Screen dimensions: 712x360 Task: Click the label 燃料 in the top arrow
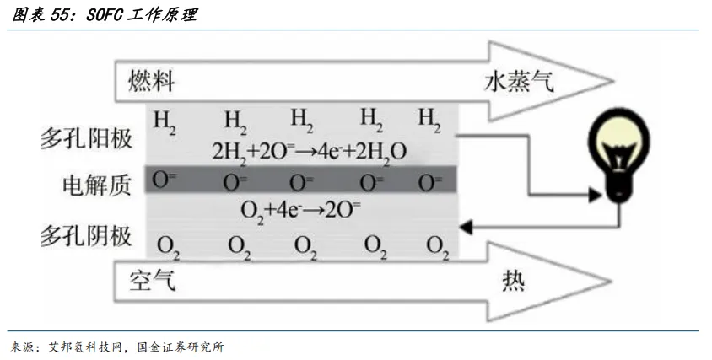[x=152, y=82]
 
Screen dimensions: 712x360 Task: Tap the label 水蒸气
[x=519, y=82]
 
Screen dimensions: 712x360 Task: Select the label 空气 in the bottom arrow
[x=152, y=281]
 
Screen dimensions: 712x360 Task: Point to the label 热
[x=514, y=281]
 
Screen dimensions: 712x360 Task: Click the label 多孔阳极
[x=86, y=138]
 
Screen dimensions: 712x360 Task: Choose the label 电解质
[x=97, y=185]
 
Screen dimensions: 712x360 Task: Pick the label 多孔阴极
[x=86, y=236]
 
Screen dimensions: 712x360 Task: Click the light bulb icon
[x=618, y=157]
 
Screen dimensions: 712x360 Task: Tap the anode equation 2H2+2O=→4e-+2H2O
[x=310, y=152]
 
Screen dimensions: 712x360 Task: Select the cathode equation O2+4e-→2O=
[x=301, y=211]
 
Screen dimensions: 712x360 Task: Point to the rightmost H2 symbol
[x=429, y=121]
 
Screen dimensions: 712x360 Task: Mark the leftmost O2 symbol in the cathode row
[x=168, y=248]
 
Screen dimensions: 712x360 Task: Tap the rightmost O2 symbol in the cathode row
[x=438, y=248]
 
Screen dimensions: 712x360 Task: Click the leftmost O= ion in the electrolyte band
[x=164, y=180]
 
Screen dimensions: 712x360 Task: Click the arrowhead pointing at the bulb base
[x=595, y=196]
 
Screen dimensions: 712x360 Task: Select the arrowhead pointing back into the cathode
[x=466, y=227]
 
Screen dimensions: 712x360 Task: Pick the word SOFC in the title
[x=105, y=15]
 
